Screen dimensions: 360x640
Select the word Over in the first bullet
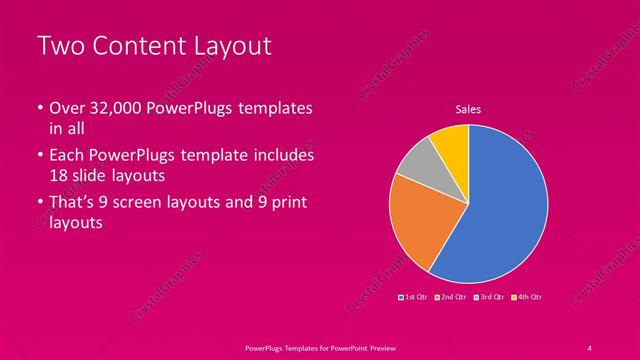coord(66,108)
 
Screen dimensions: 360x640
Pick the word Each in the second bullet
coord(67,156)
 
